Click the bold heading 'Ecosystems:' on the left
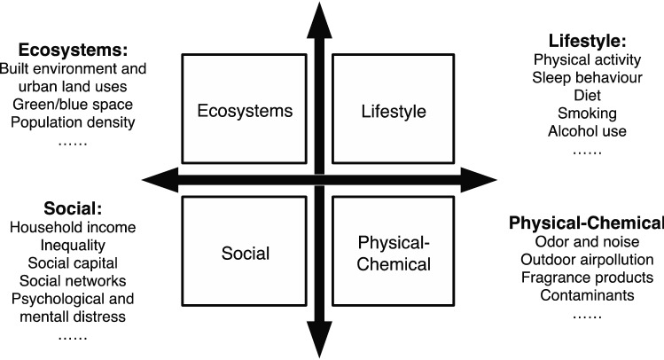click(54, 51)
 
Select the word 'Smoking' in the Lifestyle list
click(587, 113)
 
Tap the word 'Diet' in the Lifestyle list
click(587, 95)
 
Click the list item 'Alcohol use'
click(587, 130)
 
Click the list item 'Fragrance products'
click(588, 277)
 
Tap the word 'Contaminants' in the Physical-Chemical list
click(588, 294)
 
